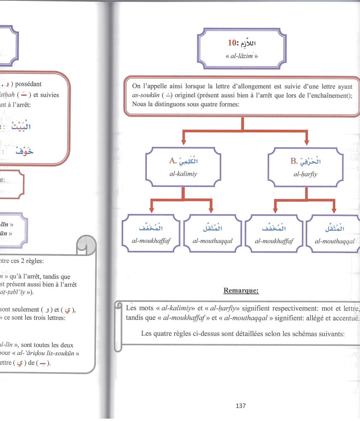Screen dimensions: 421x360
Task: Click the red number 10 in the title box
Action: coord(231,43)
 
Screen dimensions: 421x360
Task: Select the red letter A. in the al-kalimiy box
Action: coord(172,160)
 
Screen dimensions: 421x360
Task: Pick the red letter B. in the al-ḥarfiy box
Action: coord(294,160)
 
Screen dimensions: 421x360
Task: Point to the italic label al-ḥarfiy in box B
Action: coord(306,172)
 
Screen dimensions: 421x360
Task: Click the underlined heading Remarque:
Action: coord(241,290)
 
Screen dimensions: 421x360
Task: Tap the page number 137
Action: coord(241,406)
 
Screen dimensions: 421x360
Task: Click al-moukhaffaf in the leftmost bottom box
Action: coord(151,241)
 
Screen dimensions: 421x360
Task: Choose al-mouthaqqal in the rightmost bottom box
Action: coord(335,241)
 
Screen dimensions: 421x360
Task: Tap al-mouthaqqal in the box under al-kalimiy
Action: coord(213,241)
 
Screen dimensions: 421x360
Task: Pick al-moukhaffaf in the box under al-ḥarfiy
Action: coord(274,241)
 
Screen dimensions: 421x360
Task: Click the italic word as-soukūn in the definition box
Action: coord(145,95)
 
